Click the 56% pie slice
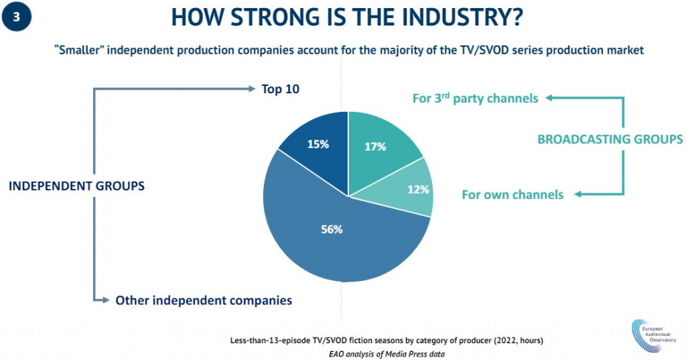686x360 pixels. [x=332, y=231]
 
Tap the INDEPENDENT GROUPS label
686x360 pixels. [x=76, y=186]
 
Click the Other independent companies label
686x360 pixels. [x=204, y=300]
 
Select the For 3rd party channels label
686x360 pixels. [x=475, y=99]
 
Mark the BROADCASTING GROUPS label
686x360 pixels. [x=610, y=139]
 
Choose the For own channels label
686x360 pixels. [x=512, y=195]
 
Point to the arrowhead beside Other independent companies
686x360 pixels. [x=105, y=300]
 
